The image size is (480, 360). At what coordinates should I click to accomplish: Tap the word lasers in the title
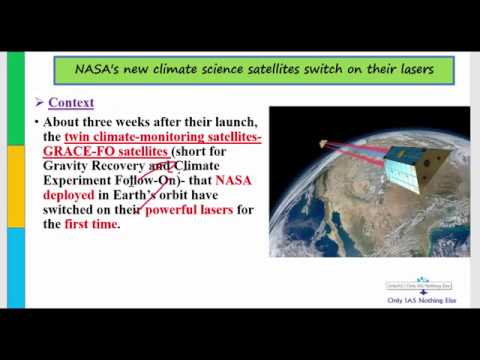pyautogui.click(x=409, y=71)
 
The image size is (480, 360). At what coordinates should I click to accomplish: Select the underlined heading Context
pyautogui.click(x=70, y=102)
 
